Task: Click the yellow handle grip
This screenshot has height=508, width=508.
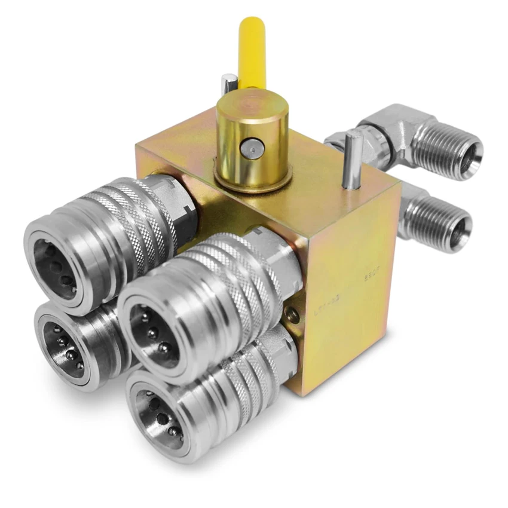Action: point(251,51)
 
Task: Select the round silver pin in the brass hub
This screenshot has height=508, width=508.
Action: point(252,147)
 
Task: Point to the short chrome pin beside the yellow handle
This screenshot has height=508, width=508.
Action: point(229,84)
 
